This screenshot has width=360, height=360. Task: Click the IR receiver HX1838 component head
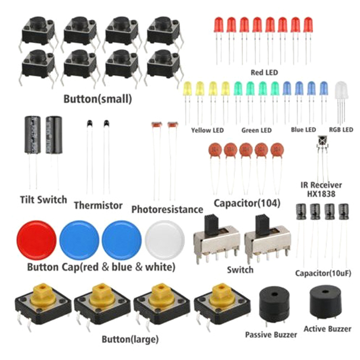[323, 142]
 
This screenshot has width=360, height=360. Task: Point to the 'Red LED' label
[264, 72]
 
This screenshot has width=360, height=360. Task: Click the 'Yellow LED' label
[207, 130]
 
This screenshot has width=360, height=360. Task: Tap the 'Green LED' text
[256, 130]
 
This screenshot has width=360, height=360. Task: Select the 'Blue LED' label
[303, 130]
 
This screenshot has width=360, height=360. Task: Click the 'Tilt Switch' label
[43, 199]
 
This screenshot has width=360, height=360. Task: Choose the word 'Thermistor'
[98, 206]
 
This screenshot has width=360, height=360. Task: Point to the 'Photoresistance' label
[167, 210]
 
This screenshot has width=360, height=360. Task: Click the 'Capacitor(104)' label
[247, 203]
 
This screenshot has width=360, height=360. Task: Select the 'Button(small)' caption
[98, 99]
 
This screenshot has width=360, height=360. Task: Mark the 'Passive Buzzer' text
[271, 335]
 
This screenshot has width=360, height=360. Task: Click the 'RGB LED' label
[341, 130]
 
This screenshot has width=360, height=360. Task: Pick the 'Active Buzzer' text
[328, 329]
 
